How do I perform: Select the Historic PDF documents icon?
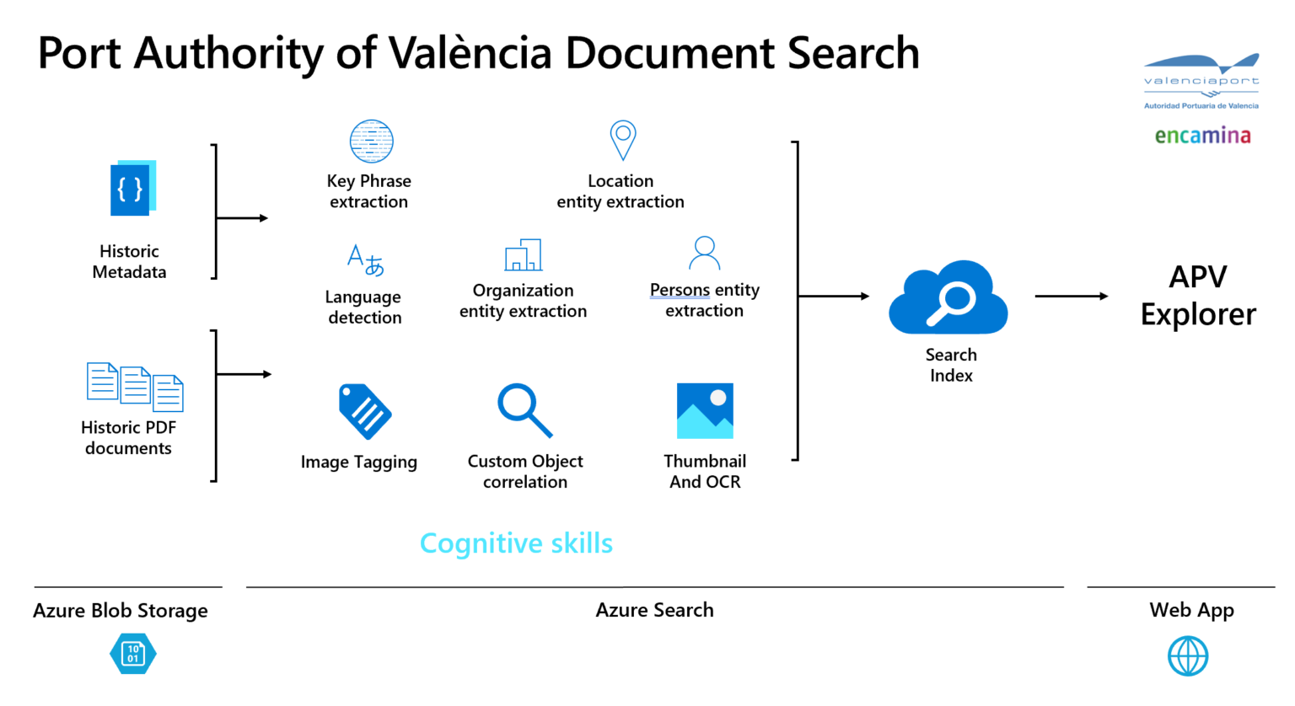[x=135, y=386]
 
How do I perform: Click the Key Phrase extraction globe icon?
[x=371, y=141]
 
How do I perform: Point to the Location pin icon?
[x=622, y=139]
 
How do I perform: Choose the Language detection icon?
[x=365, y=259]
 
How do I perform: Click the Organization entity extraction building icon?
[x=523, y=254]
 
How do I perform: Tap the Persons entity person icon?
[x=704, y=253]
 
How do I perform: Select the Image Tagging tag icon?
[x=364, y=411]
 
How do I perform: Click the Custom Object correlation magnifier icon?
[x=524, y=410]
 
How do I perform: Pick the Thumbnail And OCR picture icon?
[x=705, y=411]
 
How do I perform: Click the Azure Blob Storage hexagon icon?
[x=133, y=654]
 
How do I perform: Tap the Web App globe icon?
[x=1188, y=655]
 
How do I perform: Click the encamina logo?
[x=1202, y=136]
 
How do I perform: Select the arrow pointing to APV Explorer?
[x=1071, y=296]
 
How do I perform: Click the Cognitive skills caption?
[x=516, y=543]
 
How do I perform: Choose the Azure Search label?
[x=654, y=610]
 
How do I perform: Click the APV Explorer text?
[x=1198, y=295]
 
